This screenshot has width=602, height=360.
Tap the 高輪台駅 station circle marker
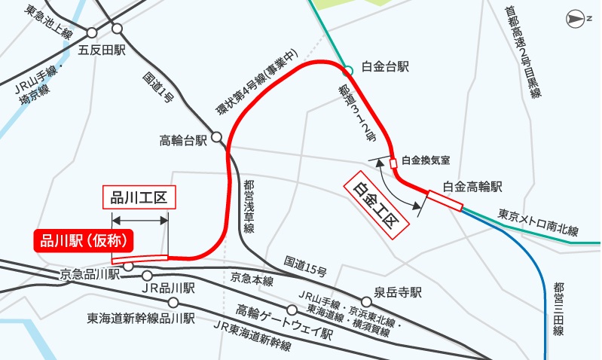(x=216, y=138)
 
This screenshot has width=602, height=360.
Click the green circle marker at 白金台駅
(x=348, y=72)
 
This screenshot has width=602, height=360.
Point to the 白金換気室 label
(x=426, y=160)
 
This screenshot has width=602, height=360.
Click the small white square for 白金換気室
(x=393, y=163)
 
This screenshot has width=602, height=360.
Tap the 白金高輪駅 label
(x=472, y=186)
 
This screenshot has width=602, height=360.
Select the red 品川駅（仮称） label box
(x=83, y=240)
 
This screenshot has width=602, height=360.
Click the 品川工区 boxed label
(x=139, y=199)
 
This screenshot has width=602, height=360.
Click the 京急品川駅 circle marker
(x=128, y=267)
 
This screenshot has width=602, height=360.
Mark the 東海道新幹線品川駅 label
(x=141, y=319)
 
